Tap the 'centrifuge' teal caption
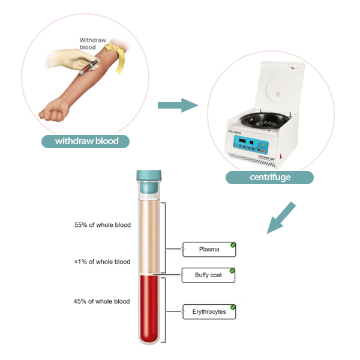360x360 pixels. [x=269, y=178]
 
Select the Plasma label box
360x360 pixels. [x=209, y=249]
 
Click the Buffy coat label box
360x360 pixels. [x=209, y=275]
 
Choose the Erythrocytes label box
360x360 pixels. [x=209, y=312]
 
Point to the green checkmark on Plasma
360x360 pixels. [x=233, y=245]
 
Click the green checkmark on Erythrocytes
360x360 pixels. [x=233, y=307]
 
